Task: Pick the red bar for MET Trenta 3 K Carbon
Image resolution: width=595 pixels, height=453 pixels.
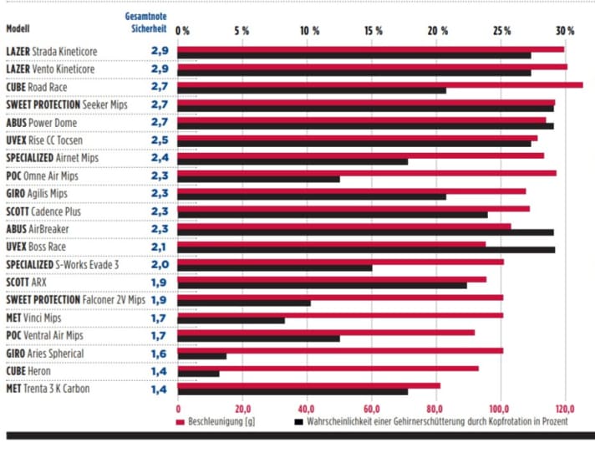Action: coord(309,385)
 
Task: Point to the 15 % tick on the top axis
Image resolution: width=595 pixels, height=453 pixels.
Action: coord(374,31)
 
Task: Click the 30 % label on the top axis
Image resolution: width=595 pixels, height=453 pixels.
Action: coord(565,31)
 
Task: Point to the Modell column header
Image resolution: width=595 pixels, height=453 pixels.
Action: coord(18,28)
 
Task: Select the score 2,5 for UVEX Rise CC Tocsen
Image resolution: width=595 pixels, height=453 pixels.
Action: coord(160,140)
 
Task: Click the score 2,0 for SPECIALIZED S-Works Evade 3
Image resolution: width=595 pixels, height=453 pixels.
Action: coord(160,263)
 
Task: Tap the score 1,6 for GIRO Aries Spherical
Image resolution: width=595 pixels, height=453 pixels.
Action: coord(160,353)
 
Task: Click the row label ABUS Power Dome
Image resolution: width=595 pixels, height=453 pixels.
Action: coord(43,122)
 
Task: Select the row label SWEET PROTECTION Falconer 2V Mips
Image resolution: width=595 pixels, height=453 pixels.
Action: coord(75,299)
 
